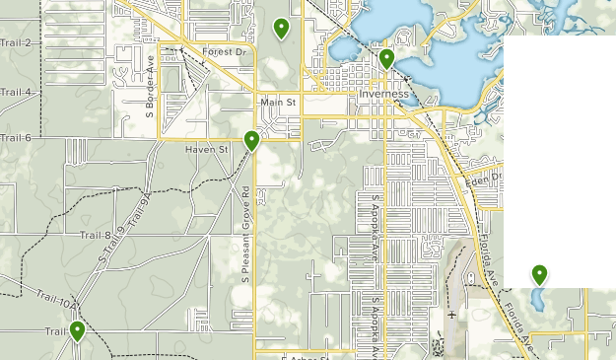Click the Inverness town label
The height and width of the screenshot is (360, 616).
383,94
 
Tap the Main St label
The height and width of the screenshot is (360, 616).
279,102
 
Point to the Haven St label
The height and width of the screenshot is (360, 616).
206,149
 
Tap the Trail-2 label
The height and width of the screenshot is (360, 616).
15,43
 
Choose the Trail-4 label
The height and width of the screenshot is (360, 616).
15,92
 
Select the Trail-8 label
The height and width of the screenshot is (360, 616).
95,235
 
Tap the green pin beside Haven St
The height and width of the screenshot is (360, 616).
251,141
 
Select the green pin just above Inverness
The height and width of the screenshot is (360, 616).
386,59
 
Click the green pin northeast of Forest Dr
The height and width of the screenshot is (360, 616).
281,28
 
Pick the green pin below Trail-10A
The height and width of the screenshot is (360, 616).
76,331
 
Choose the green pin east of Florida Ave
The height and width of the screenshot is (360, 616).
539,274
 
